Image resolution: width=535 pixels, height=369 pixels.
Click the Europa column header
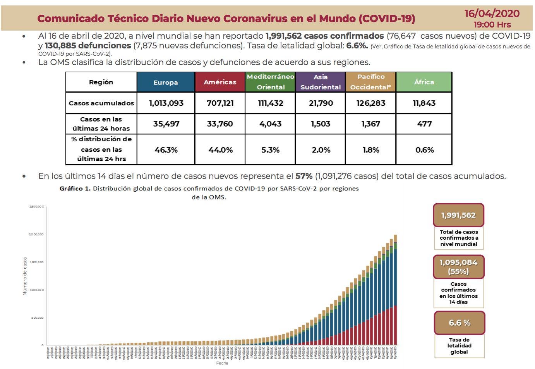[x=166, y=82]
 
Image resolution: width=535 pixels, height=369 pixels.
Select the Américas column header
[x=220, y=82]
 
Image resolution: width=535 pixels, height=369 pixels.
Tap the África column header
[x=424, y=82]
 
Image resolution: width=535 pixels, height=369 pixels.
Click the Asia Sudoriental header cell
[x=321, y=82]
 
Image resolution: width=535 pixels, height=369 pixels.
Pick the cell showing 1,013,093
[x=166, y=103]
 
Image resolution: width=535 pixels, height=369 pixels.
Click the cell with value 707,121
[x=220, y=103]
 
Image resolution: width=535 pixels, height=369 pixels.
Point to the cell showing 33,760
[x=220, y=124]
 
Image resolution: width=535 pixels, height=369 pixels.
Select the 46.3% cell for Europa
[x=166, y=150]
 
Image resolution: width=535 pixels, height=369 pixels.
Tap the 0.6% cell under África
[x=424, y=150]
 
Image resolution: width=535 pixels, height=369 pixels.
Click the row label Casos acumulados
[x=101, y=103]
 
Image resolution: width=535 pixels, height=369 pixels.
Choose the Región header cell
[x=101, y=82]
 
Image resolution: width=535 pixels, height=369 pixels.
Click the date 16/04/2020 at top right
[x=492, y=14]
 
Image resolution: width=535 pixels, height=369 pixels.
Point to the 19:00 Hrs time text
[x=492, y=25]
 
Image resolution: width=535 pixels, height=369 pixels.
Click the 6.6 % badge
[x=459, y=323]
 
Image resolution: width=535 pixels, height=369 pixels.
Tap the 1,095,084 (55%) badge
[x=459, y=267]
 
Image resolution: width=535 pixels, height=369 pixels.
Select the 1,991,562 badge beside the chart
[x=458, y=215]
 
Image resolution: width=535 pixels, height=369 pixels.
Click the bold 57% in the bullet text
[x=304, y=176]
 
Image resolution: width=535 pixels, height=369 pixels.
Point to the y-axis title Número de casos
[x=25, y=276]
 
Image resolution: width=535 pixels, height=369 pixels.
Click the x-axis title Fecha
[x=222, y=363]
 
